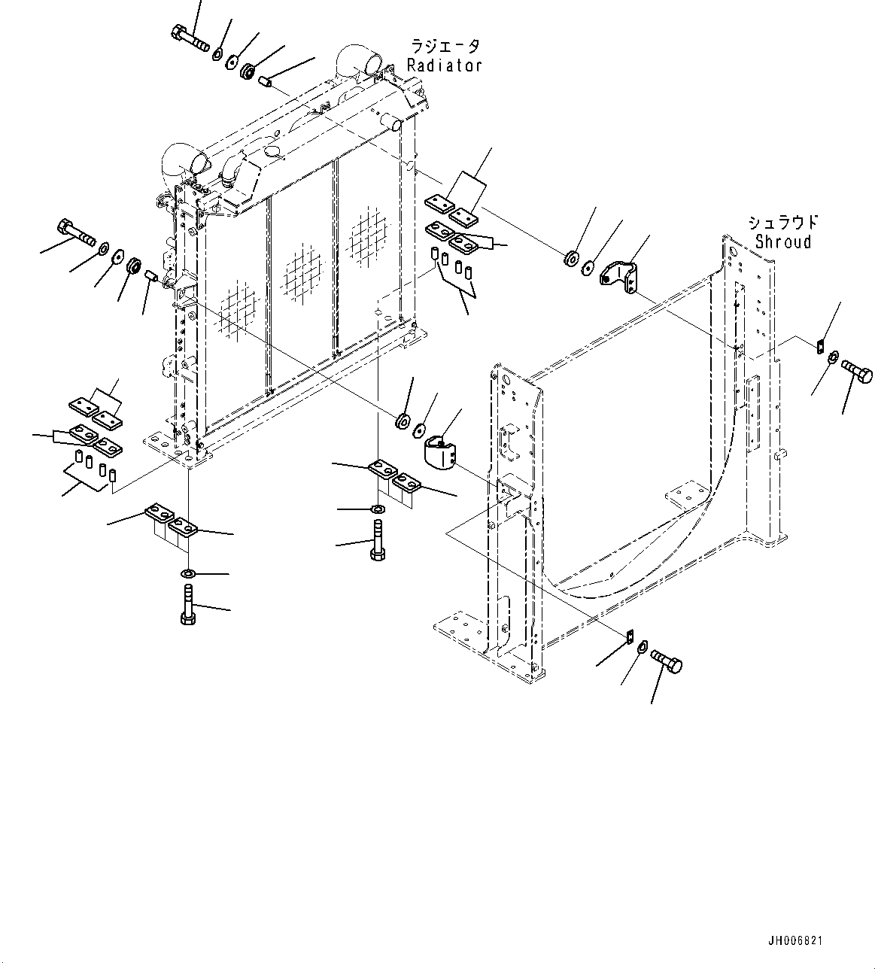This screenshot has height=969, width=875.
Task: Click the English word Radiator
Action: point(444,65)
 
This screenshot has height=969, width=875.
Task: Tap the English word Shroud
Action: point(783,242)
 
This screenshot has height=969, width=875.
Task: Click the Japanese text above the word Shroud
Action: point(782,223)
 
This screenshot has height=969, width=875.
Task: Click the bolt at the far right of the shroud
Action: point(856,372)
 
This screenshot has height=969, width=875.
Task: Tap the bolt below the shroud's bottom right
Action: point(665,661)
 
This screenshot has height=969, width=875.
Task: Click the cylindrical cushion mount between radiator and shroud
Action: point(442,453)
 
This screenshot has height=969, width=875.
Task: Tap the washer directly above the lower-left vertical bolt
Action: point(188,575)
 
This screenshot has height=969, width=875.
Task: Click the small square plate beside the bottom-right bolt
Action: point(630,636)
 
